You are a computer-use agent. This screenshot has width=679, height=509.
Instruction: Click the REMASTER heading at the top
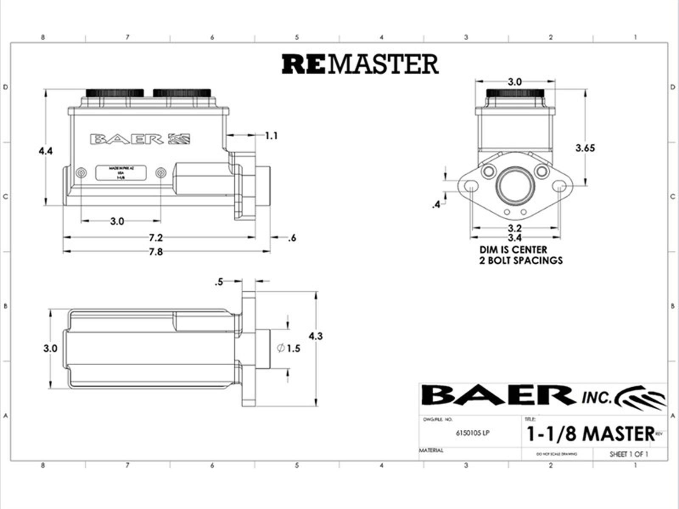[360, 64]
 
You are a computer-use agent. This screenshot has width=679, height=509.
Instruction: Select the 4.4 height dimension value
[45, 151]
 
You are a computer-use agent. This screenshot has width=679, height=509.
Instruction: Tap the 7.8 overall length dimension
[156, 252]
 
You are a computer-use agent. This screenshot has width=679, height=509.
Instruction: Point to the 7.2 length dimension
[156, 237]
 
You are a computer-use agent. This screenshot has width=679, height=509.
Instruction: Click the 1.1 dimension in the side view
[271, 136]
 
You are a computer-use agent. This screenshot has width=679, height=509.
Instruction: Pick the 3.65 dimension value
[585, 148]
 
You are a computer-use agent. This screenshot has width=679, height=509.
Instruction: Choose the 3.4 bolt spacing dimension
[514, 238]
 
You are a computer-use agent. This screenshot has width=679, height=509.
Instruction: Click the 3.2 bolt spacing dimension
[514, 228]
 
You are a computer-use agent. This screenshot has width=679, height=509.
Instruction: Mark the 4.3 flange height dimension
[315, 336]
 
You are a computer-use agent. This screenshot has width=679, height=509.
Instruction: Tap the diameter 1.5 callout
[289, 349]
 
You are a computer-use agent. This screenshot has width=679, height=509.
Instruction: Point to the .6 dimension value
[292, 238]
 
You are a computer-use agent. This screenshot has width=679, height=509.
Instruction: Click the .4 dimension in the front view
[436, 205]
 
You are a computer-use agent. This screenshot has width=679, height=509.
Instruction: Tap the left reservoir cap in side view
[115, 92]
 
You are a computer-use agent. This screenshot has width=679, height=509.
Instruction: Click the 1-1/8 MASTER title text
[590, 433]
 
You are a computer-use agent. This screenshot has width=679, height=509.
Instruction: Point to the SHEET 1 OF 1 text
[628, 454]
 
